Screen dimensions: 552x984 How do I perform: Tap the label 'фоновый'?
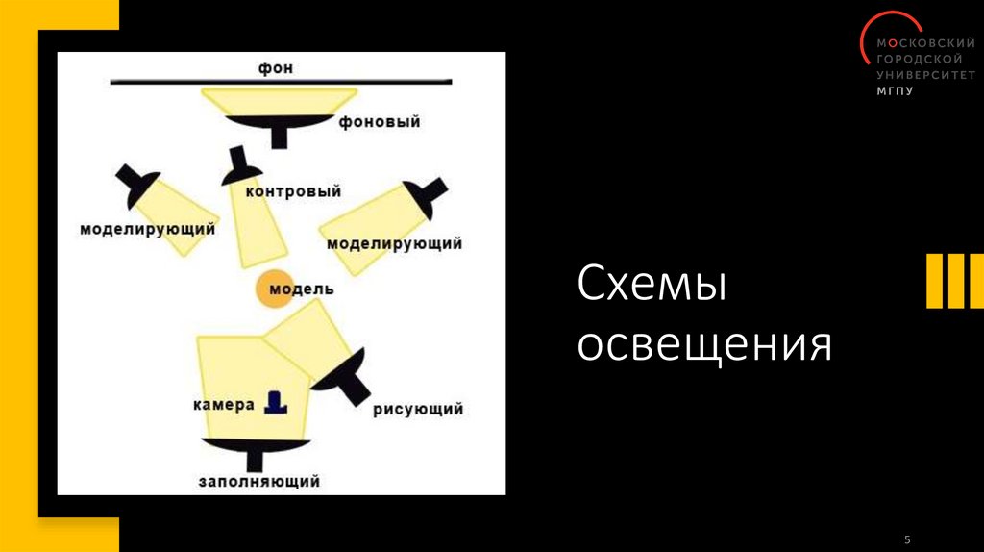(380, 123)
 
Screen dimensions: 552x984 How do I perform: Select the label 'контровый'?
(294, 191)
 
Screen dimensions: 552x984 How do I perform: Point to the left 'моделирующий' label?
(147, 230)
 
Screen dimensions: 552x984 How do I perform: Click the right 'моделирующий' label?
(394, 243)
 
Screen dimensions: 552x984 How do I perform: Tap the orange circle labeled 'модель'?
(274, 289)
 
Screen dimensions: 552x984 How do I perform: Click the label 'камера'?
(222, 404)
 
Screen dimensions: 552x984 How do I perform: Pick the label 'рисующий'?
(418, 409)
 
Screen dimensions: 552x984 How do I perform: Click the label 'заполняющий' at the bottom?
(258, 481)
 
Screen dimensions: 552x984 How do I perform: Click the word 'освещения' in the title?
(703, 345)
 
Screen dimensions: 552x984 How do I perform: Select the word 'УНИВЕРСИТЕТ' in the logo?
(922, 75)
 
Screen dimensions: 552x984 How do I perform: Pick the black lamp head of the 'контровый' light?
(240, 170)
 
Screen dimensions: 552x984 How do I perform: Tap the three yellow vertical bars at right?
(954, 282)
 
